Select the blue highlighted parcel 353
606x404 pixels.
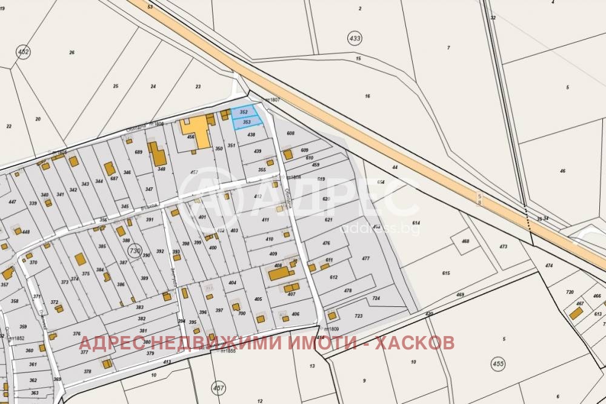[247, 123]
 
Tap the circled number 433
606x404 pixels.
[355, 38]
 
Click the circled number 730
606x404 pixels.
[135, 251]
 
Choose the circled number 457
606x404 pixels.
[218, 386]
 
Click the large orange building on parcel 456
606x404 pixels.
[196, 131]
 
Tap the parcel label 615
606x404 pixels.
[446, 274]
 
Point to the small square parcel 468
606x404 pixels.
[465, 241]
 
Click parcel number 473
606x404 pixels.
[503, 247]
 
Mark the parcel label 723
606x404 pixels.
[358, 316]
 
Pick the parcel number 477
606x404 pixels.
[365, 258]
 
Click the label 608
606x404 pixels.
[290, 133]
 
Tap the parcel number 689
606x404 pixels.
[138, 152]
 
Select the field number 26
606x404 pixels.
[72, 53]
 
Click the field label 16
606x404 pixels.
[367, 96]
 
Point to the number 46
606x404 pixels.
[562, 172]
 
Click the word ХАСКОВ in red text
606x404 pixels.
[415, 343]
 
